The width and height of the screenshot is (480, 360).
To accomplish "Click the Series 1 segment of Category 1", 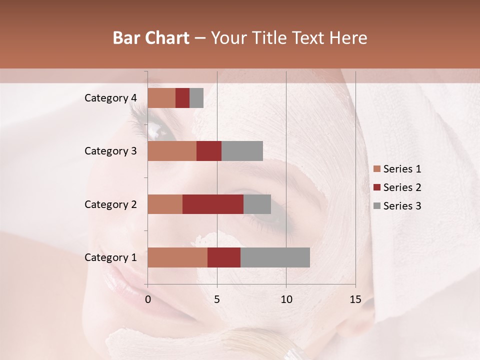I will (177, 257).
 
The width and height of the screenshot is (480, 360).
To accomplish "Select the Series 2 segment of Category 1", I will (224, 257).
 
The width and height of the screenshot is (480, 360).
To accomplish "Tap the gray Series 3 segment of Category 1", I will (275, 257).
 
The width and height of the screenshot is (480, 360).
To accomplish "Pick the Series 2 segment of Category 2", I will (213, 204).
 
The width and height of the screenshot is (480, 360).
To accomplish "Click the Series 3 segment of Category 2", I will (257, 204).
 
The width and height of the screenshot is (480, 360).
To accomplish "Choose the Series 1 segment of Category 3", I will (172, 151).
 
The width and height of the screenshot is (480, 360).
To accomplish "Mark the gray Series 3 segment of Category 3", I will (242, 151).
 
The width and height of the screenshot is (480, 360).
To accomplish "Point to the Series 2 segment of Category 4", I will (182, 98).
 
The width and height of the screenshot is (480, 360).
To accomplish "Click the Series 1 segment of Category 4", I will (161, 98).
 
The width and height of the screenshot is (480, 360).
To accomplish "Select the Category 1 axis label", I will (110, 257).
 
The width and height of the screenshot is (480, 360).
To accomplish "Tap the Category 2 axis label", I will (110, 204).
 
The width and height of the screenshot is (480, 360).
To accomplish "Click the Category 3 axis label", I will (110, 151).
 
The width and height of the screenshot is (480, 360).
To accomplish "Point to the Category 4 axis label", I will (110, 98).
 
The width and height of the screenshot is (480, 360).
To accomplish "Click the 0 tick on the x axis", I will (148, 299).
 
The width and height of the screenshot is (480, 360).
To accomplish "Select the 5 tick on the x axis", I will (217, 299).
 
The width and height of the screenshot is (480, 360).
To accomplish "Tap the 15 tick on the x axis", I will (355, 299).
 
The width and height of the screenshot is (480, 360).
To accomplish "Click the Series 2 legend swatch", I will (376, 187).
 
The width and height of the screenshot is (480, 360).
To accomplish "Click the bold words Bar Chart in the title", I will (151, 38).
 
